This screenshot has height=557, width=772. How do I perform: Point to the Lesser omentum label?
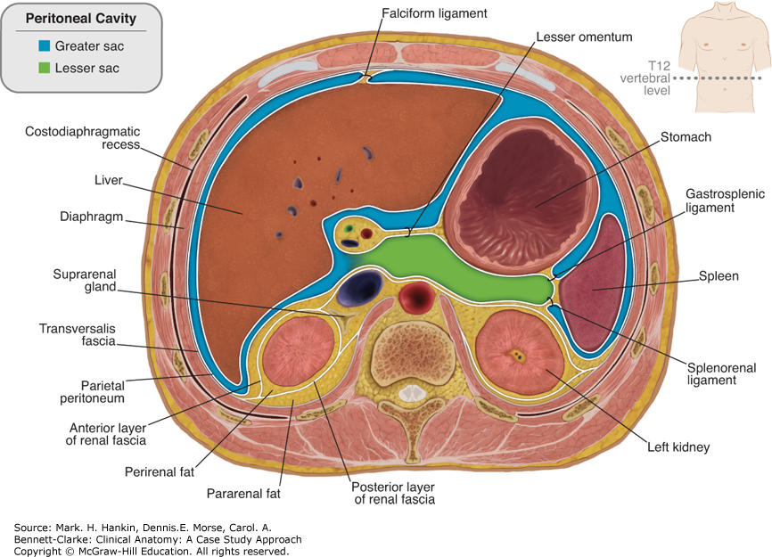pyautogui.click(x=585, y=37)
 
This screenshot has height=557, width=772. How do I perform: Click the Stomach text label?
pyautogui.click(x=686, y=137)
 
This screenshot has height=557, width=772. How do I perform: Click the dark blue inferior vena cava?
pyautogui.click(x=362, y=289)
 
